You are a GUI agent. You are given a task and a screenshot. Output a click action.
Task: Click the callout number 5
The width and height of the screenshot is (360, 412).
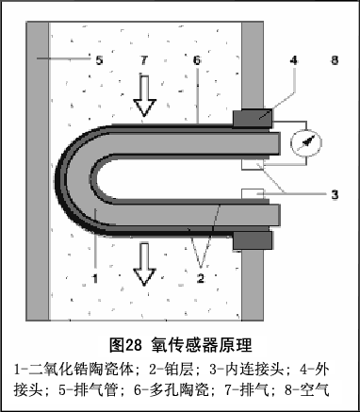pos(99,59)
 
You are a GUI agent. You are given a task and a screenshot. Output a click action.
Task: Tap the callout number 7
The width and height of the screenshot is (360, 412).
pos(144,59)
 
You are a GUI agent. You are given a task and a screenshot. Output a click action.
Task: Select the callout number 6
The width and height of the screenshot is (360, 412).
pos(197,59)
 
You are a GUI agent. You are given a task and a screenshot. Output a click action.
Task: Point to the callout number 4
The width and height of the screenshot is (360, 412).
pos(294,59)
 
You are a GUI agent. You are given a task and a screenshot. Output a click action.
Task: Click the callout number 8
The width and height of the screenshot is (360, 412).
pos(335,59)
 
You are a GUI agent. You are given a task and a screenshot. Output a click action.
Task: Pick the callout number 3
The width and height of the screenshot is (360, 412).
pos(335,195)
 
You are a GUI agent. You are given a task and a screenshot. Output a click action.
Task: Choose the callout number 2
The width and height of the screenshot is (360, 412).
pos(201,278)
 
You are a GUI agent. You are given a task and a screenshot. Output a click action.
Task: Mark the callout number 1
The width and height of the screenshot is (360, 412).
pos(95,278)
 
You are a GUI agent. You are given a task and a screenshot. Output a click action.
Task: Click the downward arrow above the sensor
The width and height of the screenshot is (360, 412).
pos(144,96)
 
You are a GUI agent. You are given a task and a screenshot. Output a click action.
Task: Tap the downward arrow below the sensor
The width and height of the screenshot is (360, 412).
pos(144,264)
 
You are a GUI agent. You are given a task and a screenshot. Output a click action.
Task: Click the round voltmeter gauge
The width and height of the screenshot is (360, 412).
pos(306,143)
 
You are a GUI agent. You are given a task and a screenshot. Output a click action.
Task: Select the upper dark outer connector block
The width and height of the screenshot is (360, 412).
pos(253,119)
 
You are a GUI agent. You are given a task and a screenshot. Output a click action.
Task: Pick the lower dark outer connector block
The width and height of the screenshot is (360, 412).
pos(253,240)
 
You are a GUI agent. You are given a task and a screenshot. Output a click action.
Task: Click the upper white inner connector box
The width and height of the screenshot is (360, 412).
pos(253,165)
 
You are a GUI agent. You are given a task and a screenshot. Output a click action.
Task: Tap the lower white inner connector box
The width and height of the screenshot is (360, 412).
pos(253,193)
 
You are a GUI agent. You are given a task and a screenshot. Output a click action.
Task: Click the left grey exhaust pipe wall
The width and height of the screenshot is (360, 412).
pos(38,172)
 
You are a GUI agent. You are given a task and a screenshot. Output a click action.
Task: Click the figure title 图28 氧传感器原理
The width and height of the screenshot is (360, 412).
pos(181,345)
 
